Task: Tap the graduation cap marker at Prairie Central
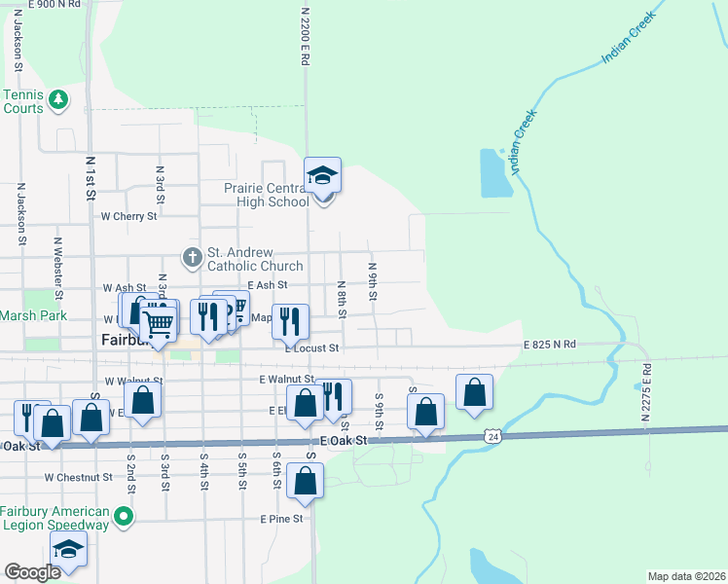[x=323, y=176]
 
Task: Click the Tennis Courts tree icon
[x=58, y=98]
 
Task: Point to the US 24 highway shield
[x=494, y=439]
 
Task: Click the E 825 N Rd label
[x=550, y=345]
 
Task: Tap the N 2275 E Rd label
[x=646, y=391]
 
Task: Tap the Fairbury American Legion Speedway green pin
[x=124, y=515]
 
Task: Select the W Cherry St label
[x=128, y=216]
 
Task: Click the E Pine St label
[x=281, y=520]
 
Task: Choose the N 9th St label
[x=372, y=279]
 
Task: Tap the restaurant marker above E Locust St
[x=290, y=320]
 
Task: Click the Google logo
[x=32, y=572]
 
